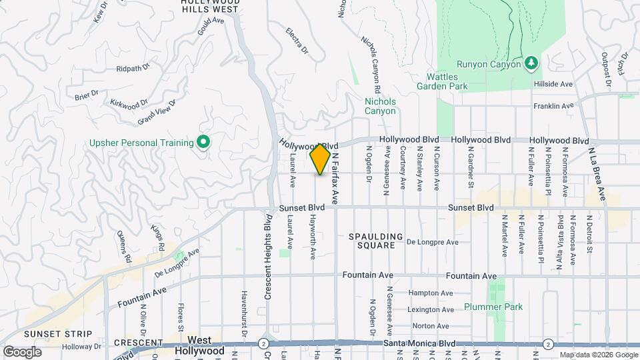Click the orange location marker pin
[320, 159]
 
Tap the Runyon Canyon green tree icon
[531, 63]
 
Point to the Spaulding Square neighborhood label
[376, 241]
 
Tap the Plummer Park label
[493, 307]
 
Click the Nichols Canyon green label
[380, 106]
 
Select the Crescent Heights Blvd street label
[267, 257]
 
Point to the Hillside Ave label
[553, 85]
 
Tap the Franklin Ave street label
[553, 106]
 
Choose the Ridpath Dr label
[133, 69]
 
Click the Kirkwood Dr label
[128, 104]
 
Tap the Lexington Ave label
[431, 309]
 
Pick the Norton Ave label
[431, 326]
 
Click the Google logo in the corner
[22, 351]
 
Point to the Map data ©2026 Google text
[599, 355]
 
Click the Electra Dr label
[297, 40]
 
